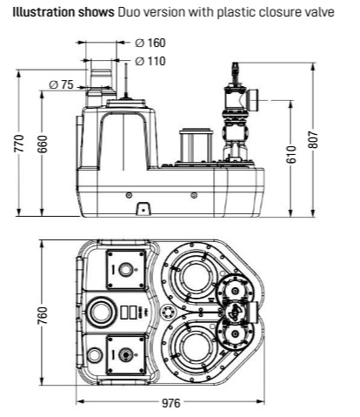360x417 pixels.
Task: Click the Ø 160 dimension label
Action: point(150,43)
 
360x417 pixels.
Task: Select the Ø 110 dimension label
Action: point(150,61)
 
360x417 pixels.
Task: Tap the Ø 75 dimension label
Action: point(61,84)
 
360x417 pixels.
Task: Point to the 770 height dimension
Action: point(20,143)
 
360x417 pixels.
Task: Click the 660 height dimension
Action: point(43,144)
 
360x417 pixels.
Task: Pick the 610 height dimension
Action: point(292,154)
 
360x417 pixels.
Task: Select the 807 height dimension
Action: point(313,140)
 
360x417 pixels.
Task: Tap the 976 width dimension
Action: point(170,403)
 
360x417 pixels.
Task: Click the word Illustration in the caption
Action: point(43,12)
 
